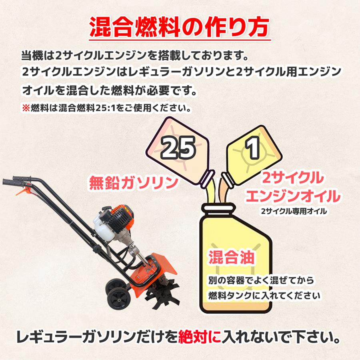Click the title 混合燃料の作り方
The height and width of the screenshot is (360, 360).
180,27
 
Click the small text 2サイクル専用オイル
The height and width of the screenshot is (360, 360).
293,211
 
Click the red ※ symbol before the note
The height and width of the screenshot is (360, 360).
26,108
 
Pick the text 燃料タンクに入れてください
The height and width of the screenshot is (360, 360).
264,296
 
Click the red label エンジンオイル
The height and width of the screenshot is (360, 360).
293,196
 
